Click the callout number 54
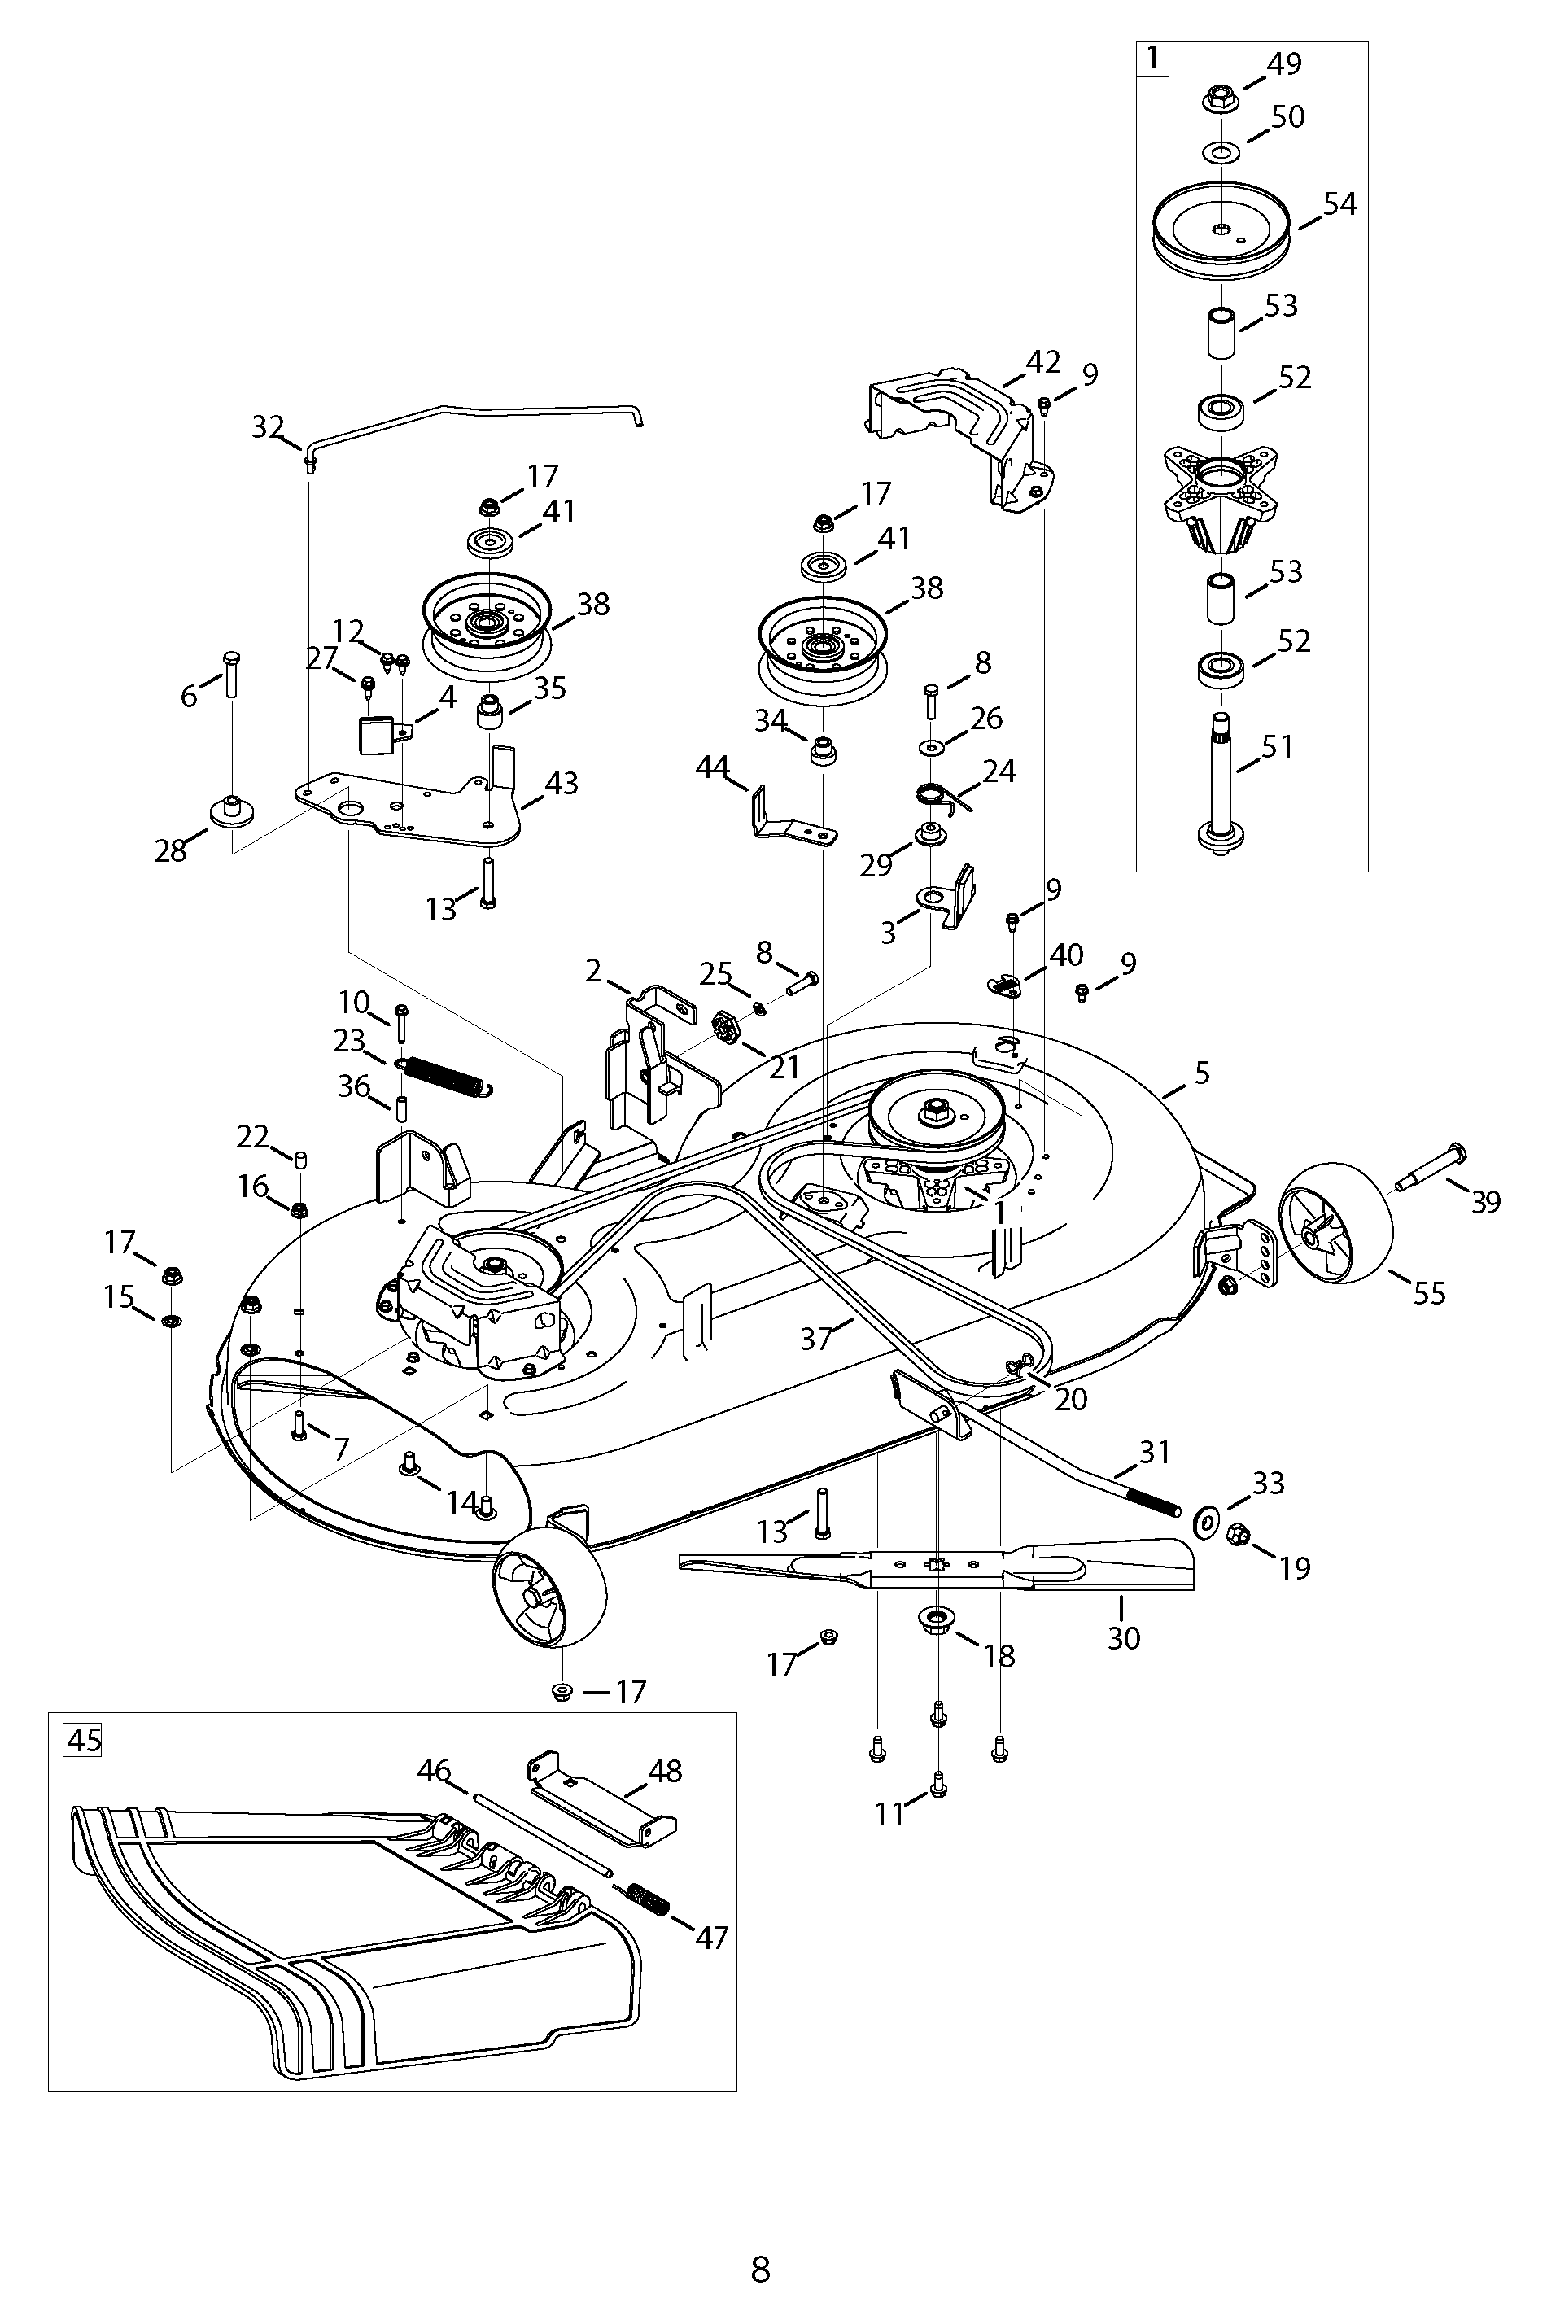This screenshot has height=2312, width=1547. tap(1339, 204)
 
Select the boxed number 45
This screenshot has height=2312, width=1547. tap(83, 1739)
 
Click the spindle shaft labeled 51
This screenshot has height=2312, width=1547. tap(1221, 780)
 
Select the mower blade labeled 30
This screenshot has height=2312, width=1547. tap(937, 1564)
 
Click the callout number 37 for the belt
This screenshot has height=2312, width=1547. tap(817, 1339)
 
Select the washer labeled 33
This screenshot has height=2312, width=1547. tap(1206, 1523)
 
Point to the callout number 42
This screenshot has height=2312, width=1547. tap(1042, 362)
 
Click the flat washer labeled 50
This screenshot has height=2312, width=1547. tap(1221, 153)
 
